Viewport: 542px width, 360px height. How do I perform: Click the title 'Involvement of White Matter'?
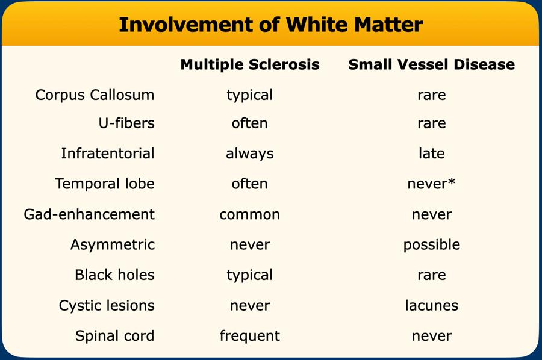click(270, 25)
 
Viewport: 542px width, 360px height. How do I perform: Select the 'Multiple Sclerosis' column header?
click(250, 64)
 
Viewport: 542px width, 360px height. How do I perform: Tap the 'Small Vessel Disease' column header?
click(431, 64)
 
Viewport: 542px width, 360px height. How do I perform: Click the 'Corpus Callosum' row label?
click(95, 95)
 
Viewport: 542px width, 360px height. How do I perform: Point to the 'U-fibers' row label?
click(126, 123)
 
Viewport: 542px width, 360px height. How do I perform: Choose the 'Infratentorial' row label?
click(108, 154)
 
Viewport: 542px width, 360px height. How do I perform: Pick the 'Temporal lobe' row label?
click(105, 184)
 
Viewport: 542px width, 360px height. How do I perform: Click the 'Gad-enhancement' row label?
click(89, 214)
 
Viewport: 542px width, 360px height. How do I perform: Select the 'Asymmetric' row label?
click(113, 244)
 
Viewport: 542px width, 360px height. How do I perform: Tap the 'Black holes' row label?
click(114, 275)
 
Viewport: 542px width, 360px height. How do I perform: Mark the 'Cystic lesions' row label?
click(107, 305)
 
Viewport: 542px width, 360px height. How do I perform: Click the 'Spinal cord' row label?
click(114, 335)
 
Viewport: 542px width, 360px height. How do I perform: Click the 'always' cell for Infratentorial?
click(250, 154)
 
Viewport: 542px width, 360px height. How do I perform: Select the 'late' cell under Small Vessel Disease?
click(431, 154)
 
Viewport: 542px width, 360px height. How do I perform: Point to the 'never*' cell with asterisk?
click(431, 184)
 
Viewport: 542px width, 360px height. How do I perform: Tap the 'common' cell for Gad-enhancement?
click(250, 214)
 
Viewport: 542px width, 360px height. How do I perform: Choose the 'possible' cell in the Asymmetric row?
click(431, 245)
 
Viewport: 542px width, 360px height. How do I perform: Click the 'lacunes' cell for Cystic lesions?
click(431, 305)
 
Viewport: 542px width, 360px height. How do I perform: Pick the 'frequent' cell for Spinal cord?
click(250, 336)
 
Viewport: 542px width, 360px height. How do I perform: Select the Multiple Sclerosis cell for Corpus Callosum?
click(250, 95)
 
